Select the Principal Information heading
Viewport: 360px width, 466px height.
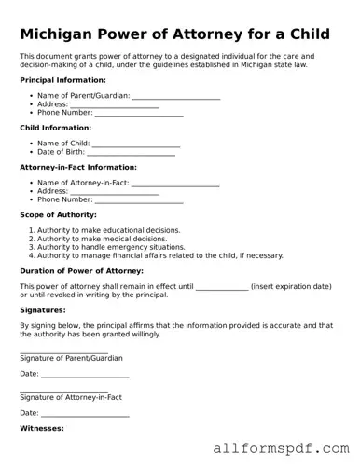[62, 80]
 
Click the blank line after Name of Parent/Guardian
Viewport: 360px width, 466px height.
[176, 95]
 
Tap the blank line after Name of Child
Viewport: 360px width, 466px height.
[136, 143]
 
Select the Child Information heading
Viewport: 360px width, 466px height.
[55, 128]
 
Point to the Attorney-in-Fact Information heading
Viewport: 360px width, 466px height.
[78, 167]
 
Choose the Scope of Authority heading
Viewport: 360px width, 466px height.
[60, 214]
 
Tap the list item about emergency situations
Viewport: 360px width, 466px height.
[110, 247]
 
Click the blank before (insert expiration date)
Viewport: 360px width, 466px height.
[221, 286]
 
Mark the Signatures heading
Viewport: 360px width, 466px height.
[43, 310]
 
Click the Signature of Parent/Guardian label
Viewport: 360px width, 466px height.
[71, 358]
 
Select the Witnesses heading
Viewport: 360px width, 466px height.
[42, 428]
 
